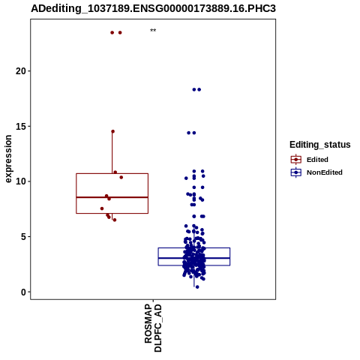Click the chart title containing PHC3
point(153,8)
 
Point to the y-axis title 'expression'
point(8,159)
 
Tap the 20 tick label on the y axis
point(21,71)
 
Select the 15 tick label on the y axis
point(21,126)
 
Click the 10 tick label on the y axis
point(21,181)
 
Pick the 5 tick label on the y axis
point(23,236)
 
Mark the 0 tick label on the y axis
point(23,292)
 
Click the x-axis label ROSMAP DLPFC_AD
point(153,328)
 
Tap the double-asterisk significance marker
point(153,31)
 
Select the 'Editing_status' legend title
point(320,145)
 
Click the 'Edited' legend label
point(317,160)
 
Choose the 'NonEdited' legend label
point(325,172)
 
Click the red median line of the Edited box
point(112,197)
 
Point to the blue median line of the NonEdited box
point(194,258)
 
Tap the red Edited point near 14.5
point(112,131)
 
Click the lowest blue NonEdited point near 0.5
point(197,287)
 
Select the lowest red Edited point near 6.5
point(115,220)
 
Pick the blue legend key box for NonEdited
point(296,172)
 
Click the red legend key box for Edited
point(296,160)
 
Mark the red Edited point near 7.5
point(102,208)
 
